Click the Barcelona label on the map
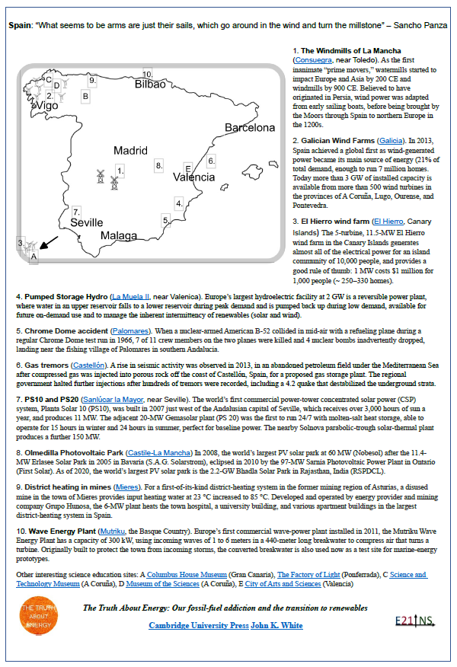(249, 127)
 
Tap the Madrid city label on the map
(130, 151)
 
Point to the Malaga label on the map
(122, 235)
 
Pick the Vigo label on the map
(46, 106)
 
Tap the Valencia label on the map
(193, 177)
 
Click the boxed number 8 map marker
(158, 164)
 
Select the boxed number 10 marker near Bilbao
(147, 74)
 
